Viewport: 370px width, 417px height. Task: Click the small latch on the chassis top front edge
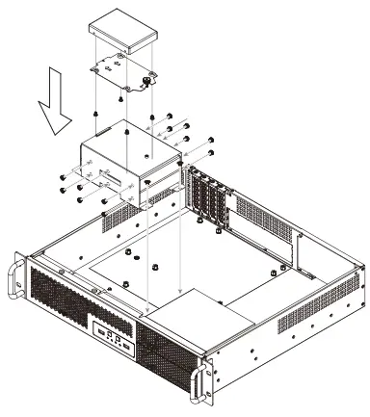coord(93,287)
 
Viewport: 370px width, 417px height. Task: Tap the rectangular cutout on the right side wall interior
coord(302,252)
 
